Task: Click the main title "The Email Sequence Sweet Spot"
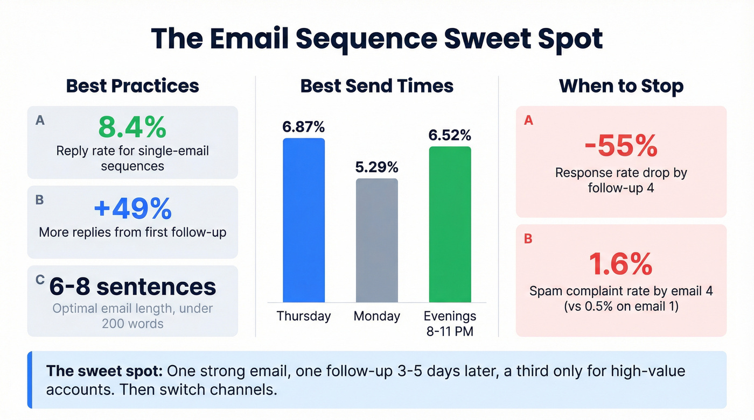[x=376, y=38]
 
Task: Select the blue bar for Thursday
[x=304, y=220]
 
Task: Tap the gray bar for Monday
[x=377, y=240]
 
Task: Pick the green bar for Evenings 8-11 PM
[x=450, y=224]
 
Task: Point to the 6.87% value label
[x=304, y=127]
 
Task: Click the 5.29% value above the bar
[x=377, y=167]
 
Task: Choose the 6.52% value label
[x=450, y=135]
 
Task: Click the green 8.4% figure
[x=132, y=128]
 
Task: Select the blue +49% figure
[x=132, y=209]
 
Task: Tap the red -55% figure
[x=621, y=146]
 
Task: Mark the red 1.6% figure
[x=621, y=264]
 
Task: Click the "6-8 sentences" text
[x=132, y=287]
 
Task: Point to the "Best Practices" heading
[x=132, y=86]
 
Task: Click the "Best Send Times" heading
[x=377, y=86]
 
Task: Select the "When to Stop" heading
[x=621, y=86]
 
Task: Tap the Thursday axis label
[x=304, y=316]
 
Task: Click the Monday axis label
[x=377, y=316]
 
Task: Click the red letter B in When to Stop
[x=528, y=238]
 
